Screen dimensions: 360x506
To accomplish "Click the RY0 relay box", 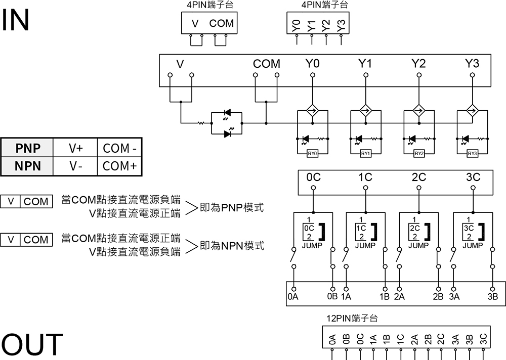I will [x=313, y=154].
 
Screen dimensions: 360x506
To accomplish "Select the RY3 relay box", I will [x=472, y=154].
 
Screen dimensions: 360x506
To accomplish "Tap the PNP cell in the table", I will [x=28, y=148].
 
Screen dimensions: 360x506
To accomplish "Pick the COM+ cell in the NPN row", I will [x=119, y=166].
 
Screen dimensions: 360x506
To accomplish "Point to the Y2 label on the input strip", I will [x=418, y=64].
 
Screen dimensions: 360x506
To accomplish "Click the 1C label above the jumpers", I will [x=365, y=177].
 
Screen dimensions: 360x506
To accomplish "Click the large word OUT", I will [x=32, y=345].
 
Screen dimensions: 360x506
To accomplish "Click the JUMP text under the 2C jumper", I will [x=418, y=246].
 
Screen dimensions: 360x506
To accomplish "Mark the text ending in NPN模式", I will [x=232, y=246].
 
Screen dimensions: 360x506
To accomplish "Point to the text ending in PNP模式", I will [x=232, y=208].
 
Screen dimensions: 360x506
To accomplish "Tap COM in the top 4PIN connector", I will [x=222, y=23].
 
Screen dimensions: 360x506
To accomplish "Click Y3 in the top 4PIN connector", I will [x=341, y=24].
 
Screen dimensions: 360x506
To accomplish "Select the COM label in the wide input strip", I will [x=266, y=64].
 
